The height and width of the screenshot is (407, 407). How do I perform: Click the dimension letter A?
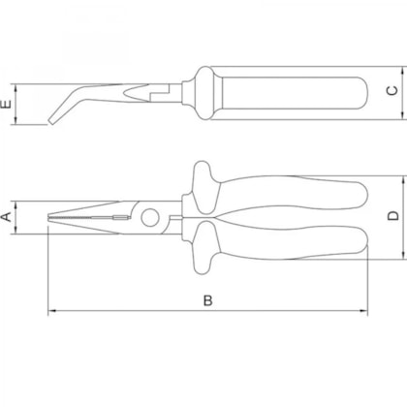7,217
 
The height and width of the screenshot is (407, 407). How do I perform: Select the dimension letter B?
208,300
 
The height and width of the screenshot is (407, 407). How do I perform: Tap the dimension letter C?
392,90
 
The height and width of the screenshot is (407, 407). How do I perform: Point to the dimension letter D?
393,216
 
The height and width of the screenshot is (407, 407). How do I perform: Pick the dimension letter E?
7,104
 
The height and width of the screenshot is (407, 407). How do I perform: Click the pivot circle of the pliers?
149,217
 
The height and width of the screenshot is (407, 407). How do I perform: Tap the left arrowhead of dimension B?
52,311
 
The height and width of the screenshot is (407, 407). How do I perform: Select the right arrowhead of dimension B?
363,311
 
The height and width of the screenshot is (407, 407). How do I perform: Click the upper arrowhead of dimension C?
402,71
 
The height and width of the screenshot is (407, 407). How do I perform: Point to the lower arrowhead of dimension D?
403,255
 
